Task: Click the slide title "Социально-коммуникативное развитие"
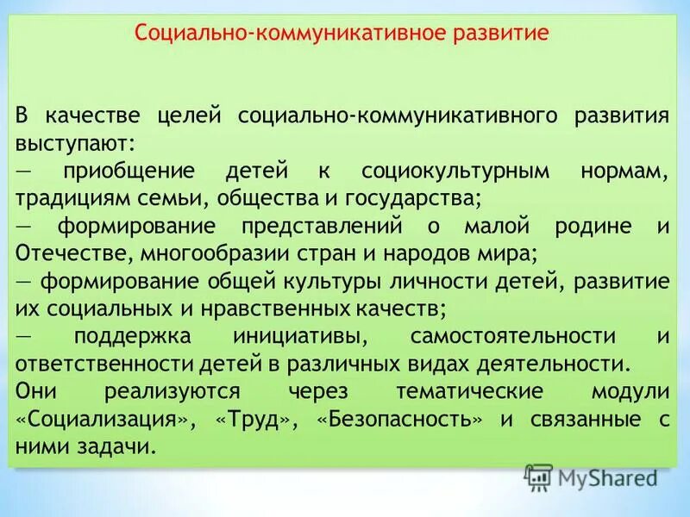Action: pos(342,35)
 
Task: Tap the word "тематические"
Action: pos(469,392)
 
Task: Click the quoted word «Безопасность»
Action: pos(398,420)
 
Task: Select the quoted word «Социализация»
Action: pos(116,420)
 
